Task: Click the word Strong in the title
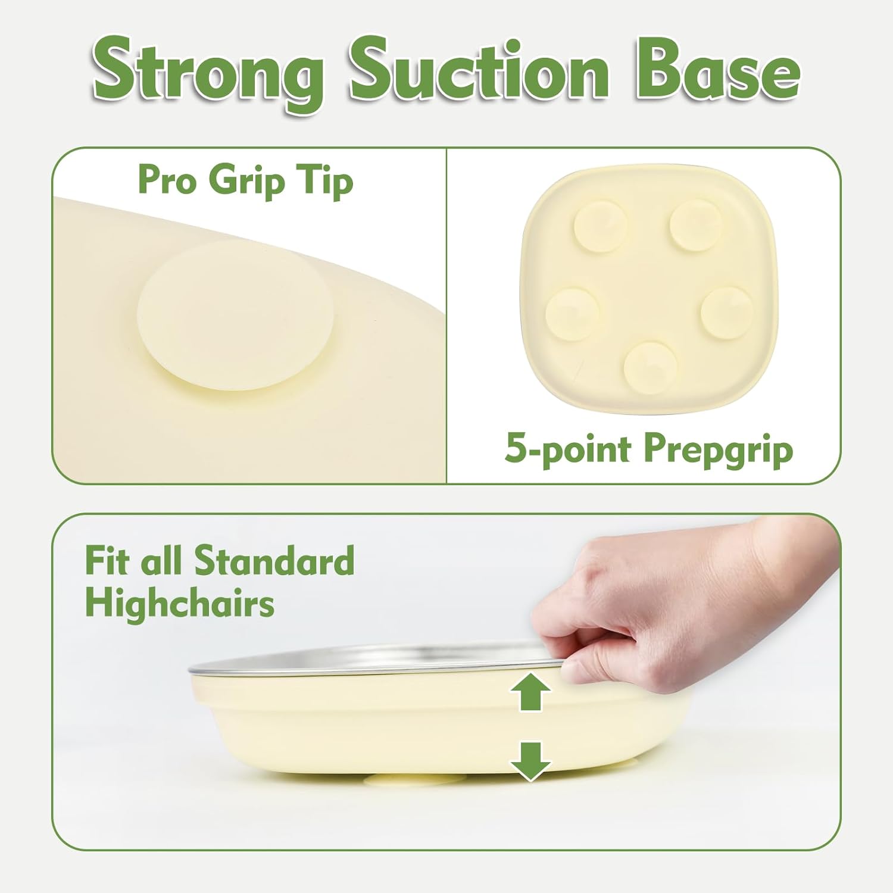(x=208, y=73)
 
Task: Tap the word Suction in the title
(x=479, y=69)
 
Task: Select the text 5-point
(x=568, y=449)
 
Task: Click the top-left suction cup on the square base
(x=600, y=226)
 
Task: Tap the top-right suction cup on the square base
(x=695, y=225)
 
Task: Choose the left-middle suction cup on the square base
(x=572, y=314)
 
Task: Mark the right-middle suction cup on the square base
(x=727, y=313)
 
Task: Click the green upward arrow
(x=530, y=692)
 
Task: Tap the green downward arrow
(x=530, y=761)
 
